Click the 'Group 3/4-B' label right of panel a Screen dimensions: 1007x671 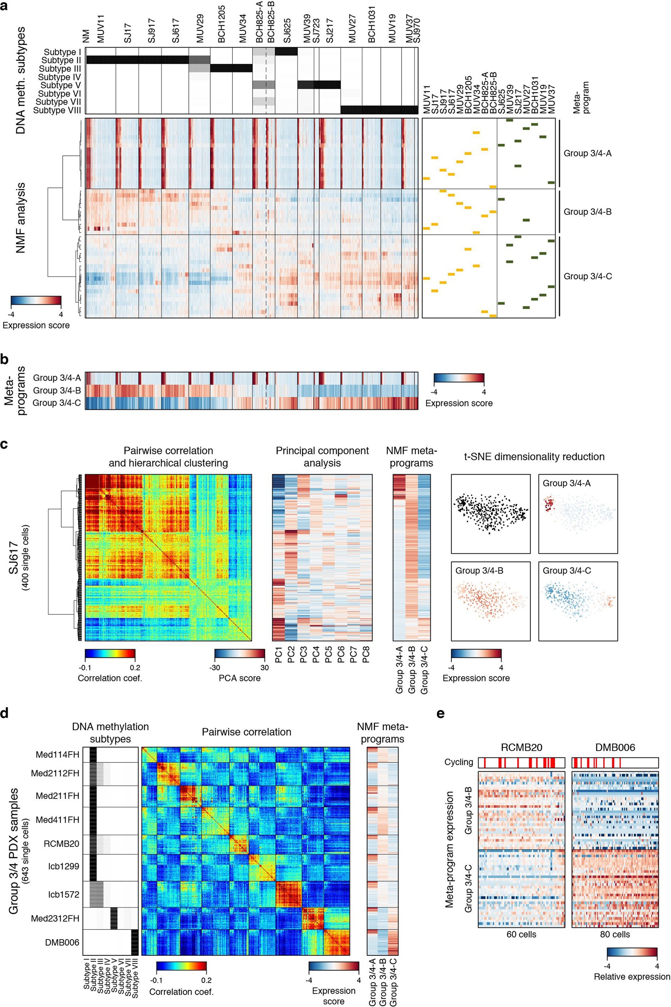[587, 212]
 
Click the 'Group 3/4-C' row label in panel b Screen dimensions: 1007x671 [57, 403]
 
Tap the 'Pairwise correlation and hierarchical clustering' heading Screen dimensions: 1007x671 [168, 457]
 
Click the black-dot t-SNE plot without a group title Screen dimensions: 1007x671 [491, 514]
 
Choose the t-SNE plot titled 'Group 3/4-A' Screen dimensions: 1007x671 [578, 514]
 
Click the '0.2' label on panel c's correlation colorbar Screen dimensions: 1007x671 [135, 667]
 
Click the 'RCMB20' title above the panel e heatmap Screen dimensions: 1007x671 [521, 747]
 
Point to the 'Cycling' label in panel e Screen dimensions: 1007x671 [459, 762]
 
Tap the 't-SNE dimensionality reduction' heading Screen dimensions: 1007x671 [534, 457]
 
